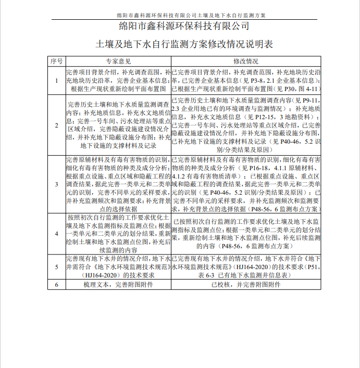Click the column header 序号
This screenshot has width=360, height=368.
pos(56,61)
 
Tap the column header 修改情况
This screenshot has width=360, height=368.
pos(246,61)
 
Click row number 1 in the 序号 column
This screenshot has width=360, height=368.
pos(56,81)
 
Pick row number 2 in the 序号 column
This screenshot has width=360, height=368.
pos(56,125)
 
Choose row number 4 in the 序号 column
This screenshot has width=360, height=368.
pos(56,234)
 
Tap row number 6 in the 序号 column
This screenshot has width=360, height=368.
pos(56,285)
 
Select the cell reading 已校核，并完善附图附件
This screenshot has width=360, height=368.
pos(246,285)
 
